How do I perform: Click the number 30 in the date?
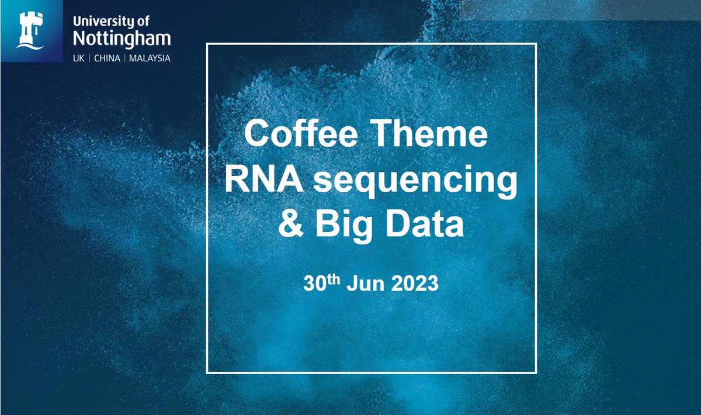click(x=314, y=284)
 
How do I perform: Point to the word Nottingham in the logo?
click(x=121, y=39)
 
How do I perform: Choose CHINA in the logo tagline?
click(x=106, y=58)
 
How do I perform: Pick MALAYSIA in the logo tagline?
click(x=150, y=58)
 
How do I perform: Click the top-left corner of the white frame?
click(x=207, y=44)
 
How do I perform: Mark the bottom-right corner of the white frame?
click(x=536, y=372)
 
